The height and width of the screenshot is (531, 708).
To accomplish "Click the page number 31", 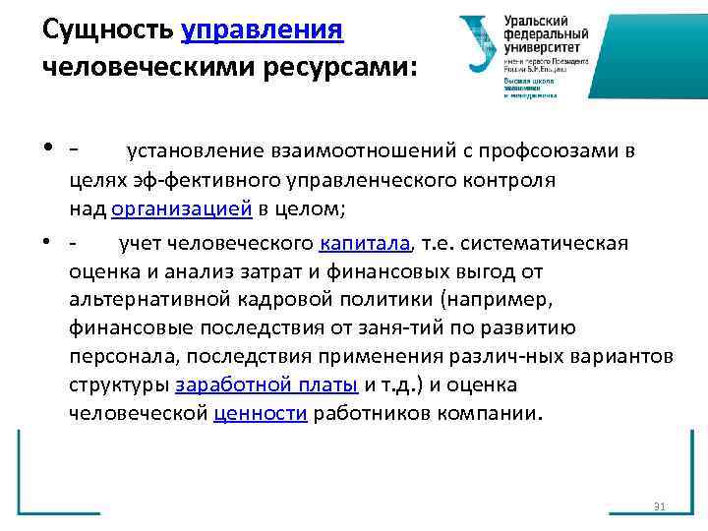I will (x=660, y=506).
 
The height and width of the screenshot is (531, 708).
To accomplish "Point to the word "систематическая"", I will (x=557, y=243).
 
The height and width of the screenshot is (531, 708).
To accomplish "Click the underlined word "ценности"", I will (x=261, y=413).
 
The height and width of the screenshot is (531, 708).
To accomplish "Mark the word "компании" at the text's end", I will (x=489, y=413).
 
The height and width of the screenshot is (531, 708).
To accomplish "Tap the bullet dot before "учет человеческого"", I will (x=48, y=243).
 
